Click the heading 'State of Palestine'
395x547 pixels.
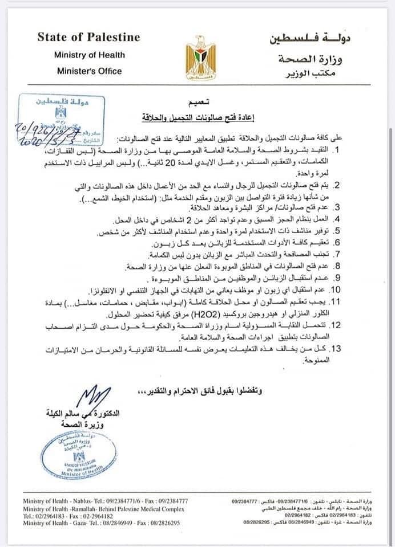click(88, 38)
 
